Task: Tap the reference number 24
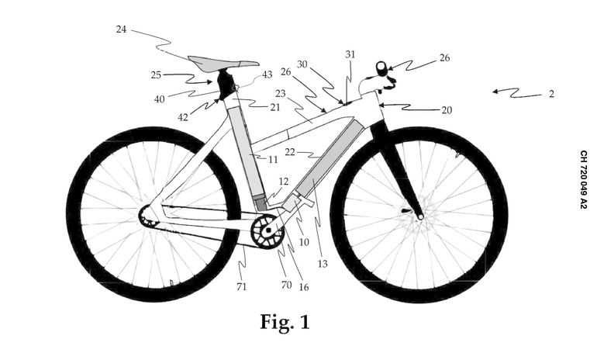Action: tap(121, 29)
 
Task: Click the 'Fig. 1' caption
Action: tap(285, 322)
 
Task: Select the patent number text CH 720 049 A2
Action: tap(583, 179)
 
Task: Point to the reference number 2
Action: tap(551, 94)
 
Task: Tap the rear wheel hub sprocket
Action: tap(146, 215)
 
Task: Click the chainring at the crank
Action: tap(267, 231)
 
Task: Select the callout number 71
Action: tap(242, 287)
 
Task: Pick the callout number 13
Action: tap(323, 264)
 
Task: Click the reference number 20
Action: tap(447, 110)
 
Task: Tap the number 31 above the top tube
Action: tap(350, 54)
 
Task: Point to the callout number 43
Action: tap(267, 74)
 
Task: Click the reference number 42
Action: tap(183, 117)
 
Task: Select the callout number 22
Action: tap(290, 152)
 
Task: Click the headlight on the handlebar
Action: tap(381, 67)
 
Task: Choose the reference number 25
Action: tap(156, 74)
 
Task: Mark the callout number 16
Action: tap(303, 287)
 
